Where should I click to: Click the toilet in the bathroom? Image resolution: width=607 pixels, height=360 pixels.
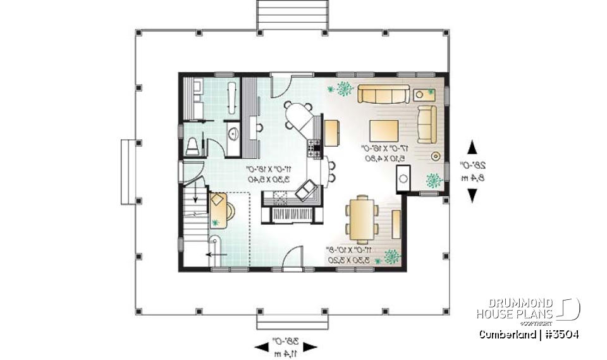(193, 146)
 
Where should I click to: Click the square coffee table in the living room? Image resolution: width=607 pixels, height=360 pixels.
(384, 131)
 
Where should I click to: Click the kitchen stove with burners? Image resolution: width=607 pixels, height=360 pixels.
(314, 150)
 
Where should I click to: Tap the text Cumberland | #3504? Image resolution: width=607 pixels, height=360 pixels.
(529, 334)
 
